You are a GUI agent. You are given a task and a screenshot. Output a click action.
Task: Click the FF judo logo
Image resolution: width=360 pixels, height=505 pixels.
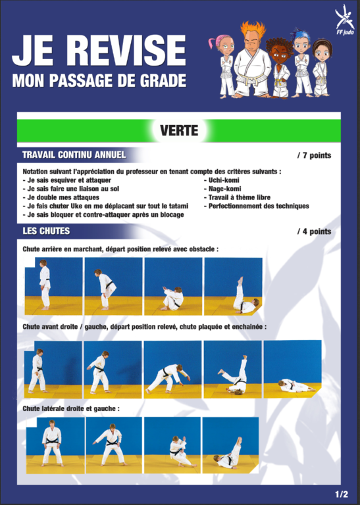click(x=344, y=20)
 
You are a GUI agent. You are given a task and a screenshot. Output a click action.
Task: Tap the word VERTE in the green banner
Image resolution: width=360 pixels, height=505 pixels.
click(x=179, y=130)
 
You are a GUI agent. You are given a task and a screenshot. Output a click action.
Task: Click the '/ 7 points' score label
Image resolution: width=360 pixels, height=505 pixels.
click(x=314, y=156)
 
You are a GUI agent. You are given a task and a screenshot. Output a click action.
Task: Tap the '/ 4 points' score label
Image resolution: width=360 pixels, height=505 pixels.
click(x=314, y=231)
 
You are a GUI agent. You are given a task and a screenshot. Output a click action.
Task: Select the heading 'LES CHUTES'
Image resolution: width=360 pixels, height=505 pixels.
click(x=46, y=231)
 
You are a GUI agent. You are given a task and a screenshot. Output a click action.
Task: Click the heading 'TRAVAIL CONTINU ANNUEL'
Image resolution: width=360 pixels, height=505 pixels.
click(x=74, y=155)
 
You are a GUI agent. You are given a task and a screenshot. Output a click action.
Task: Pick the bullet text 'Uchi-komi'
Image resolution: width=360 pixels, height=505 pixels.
click(x=224, y=180)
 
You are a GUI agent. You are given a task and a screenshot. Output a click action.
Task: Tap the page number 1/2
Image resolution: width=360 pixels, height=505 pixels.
click(x=342, y=494)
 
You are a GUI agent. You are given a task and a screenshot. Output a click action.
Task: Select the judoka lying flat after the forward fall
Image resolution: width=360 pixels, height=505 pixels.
click(x=296, y=385)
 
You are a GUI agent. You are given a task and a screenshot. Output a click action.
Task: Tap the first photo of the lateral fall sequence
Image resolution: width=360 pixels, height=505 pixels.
click(x=55, y=445)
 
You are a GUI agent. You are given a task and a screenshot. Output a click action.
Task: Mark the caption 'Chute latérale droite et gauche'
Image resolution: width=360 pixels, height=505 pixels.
click(x=71, y=409)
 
